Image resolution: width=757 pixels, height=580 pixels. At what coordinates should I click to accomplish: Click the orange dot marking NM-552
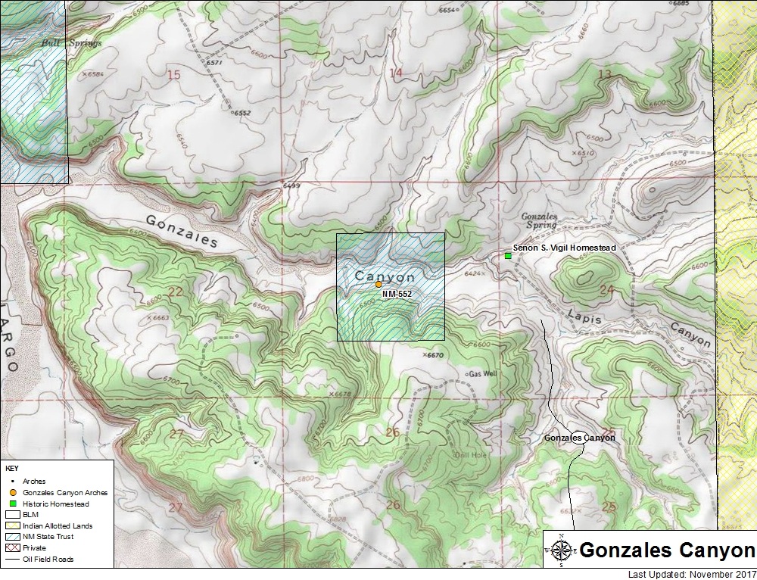click(x=378, y=284)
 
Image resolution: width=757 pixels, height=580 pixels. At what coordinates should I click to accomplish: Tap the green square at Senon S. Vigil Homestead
click(x=508, y=256)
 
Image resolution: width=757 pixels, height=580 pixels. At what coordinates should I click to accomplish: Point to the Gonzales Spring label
click(x=539, y=220)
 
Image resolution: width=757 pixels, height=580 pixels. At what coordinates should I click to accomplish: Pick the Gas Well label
click(x=483, y=374)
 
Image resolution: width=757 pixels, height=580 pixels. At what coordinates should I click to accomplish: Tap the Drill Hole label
click(x=468, y=454)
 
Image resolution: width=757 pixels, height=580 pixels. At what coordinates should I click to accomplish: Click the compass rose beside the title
click(x=561, y=550)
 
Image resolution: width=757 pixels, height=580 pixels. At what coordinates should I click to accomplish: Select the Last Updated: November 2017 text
click(x=692, y=573)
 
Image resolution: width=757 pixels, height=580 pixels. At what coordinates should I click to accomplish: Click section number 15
click(x=173, y=74)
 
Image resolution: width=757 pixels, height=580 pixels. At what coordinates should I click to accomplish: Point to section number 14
click(x=395, y=73)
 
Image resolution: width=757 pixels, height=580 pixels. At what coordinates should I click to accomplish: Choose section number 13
click(x=604, y=73)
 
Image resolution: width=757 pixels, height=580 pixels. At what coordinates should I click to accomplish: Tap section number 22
click(x=176, y=292)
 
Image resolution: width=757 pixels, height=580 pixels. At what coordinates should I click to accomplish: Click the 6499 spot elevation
click(x=291, y=186)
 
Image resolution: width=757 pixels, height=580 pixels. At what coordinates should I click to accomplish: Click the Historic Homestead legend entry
click(x=55, y=504)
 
